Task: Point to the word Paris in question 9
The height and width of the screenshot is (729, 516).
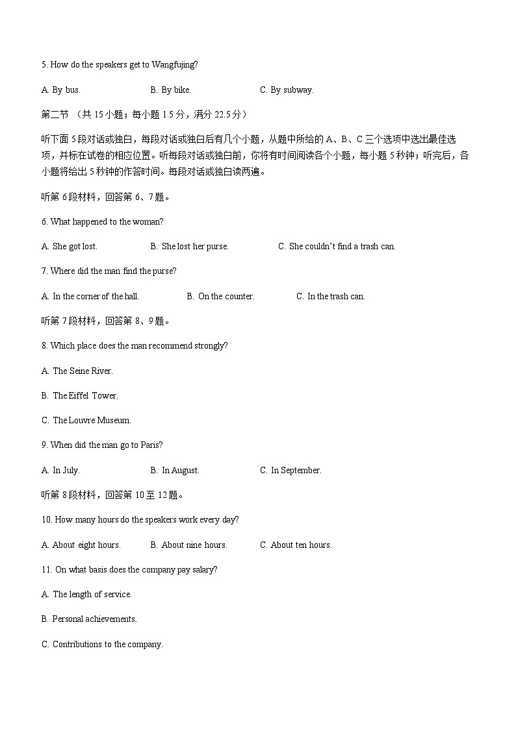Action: [151, 445]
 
